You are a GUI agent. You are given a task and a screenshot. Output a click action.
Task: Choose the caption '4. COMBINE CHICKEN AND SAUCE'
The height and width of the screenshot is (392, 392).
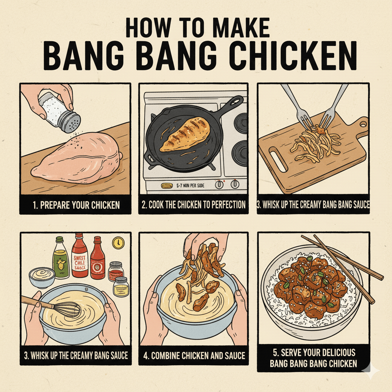(194, 356)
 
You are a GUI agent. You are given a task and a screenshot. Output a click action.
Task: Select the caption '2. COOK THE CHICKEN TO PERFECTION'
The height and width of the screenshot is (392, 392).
(193, 205)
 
